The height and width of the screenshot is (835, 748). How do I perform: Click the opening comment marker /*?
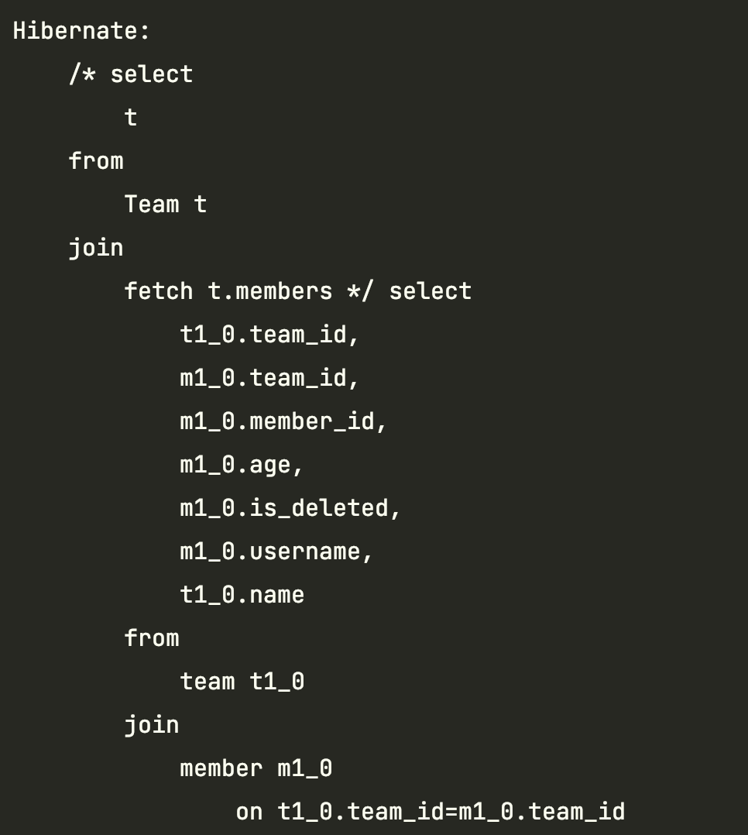point(82,74)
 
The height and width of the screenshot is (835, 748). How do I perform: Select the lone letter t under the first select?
point(131,118)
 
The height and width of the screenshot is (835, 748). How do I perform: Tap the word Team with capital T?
point(152,204)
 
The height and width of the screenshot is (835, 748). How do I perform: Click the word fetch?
point(159,291)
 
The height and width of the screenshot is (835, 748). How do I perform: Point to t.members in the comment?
point(270,291)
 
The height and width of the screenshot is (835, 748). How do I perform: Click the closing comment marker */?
point(361,291)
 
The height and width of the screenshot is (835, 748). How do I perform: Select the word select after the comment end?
point(430,291)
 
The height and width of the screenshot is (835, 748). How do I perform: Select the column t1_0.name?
point(242,595)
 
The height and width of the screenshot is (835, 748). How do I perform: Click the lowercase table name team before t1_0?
point(208,682)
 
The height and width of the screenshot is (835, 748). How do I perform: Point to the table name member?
point(221,768)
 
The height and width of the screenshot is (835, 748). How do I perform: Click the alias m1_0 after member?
point(305,768)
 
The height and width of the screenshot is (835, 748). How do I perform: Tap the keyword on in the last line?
point(249,812)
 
